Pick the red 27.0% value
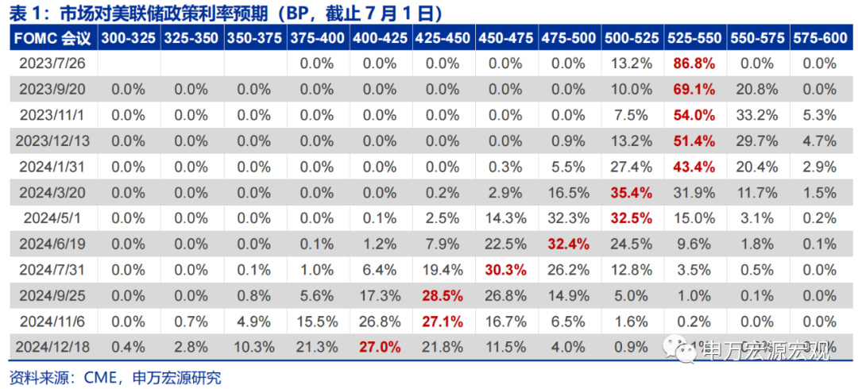[x=379, y=346]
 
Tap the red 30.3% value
[x=505, y=269]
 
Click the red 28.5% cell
[x=443, y=295]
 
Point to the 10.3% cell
[x=254, y=346]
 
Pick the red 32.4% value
[x=568, y=244]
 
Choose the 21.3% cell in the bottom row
[x=317, y=346]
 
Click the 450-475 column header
[x=505, y=38]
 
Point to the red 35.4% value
[x=631, y=192]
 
